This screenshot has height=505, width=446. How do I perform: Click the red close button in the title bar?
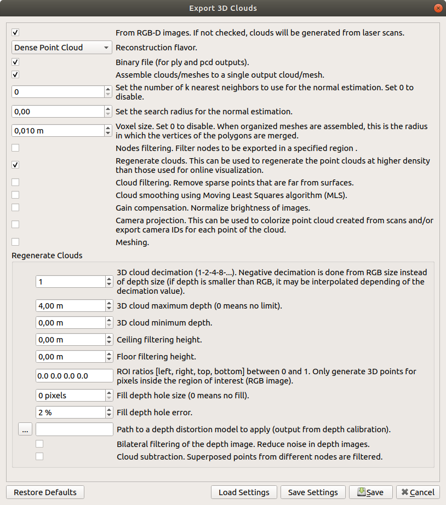[x=438, y=8]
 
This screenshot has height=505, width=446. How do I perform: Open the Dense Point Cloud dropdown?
[x=61, y=48]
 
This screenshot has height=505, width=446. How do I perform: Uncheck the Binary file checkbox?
[x=15, y=62]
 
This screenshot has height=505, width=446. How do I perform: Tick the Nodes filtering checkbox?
[x=15, y=148]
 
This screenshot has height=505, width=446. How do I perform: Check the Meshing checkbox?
[x=15, y=241]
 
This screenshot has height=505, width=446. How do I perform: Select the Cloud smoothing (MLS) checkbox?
[x=15, y=194]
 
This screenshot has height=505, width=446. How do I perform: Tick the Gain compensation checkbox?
[x=15, y=207]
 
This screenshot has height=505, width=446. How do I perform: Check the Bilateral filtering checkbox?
[x=39, y=444]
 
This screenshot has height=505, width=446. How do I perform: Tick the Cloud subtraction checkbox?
[x=39, y=456]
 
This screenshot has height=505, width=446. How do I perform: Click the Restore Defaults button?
[x=45, y=492]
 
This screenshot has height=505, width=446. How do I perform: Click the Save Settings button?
[x=313, y=492]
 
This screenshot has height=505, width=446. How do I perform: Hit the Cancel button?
[x=418, y=492]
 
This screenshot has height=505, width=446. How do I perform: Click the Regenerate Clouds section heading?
[x=47, y=256]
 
